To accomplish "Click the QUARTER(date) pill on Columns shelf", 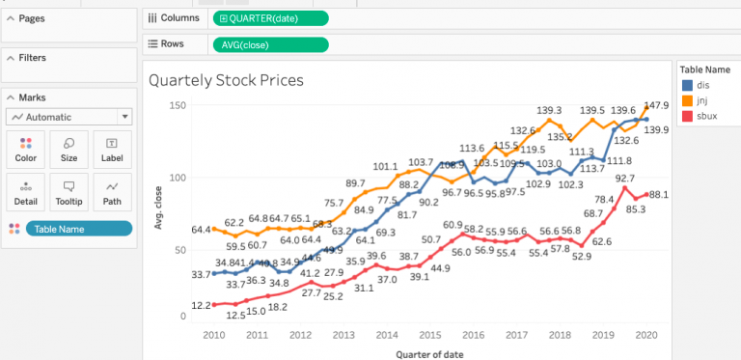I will pos(270,18).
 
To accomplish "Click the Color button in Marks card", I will pos(26,150).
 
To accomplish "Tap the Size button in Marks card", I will pos(69,150).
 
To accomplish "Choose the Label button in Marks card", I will pos(112,150).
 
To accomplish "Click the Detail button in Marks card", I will pos(26,192).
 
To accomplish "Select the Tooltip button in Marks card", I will pos(69,192).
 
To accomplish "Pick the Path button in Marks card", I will pos(112,192).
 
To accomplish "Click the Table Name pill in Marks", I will pos(78,229).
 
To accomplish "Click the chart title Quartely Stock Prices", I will pos(226,80).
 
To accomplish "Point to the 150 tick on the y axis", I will pos(176,104).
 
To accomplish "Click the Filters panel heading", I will pos(32,58).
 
